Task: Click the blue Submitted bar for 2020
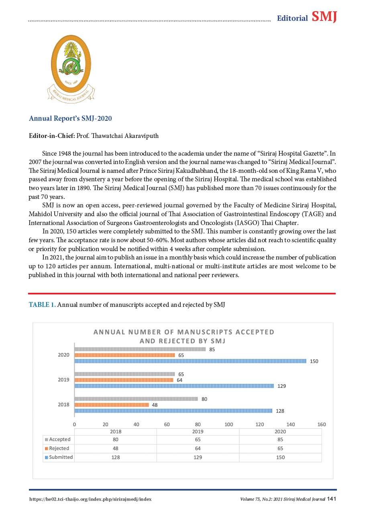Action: click(x=190, y=361)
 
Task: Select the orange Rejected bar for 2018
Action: click(x=112, y=405)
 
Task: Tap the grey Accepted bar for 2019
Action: click(x=124, y=374)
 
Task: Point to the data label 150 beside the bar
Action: click(x=314, y=361)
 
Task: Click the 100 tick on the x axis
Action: click(x=229, y=424)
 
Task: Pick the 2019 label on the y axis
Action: click(x=63, y=380)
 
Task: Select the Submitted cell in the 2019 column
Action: click(x=198, y=457)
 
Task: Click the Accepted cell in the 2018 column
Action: click(x=116, y=440)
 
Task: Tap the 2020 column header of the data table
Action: click(x=280, y=432)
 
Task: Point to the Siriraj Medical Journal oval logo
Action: click(x=71, y=64)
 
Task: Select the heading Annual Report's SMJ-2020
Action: click(x=70, y=119)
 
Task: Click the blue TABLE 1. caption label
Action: click(x=42, y=305)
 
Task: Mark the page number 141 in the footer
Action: click(x=331, y=499)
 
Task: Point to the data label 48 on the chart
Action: click(x=155, y=405)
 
